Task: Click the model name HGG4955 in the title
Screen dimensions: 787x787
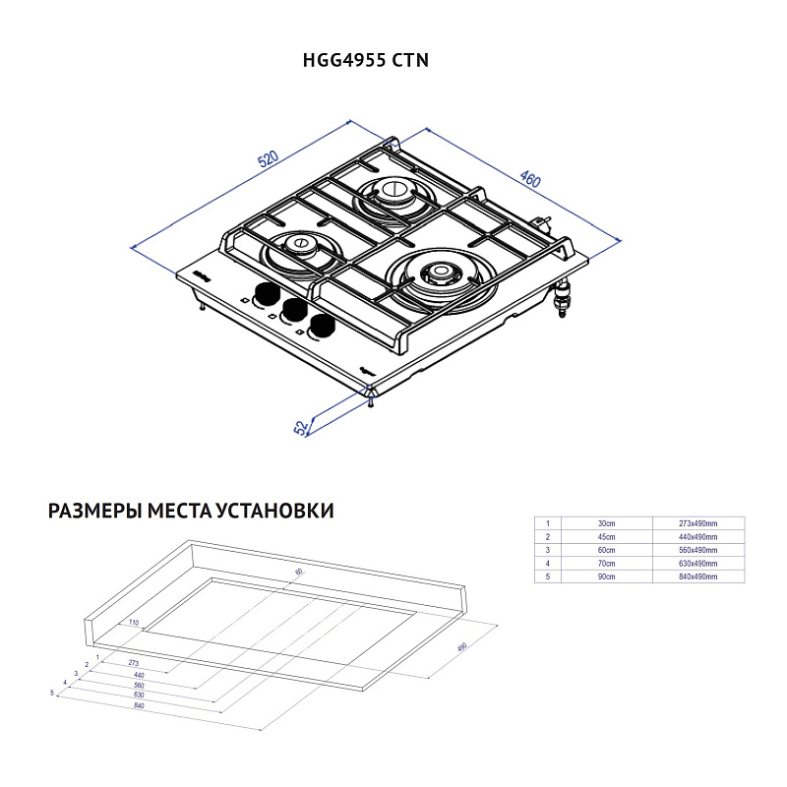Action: coord(343,59)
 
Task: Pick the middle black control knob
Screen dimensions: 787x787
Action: coord(292,310)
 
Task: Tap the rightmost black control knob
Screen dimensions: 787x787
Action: coord(320,328)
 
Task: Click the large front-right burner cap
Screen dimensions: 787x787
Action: coord(439,272)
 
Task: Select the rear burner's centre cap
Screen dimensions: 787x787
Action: coord(392,189)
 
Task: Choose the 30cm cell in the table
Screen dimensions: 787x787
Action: coord(606,524)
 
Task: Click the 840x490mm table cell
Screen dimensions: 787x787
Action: coord(698,575)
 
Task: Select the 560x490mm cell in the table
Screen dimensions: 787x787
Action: coord(698,550)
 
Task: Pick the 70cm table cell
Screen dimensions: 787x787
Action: coord(606,563)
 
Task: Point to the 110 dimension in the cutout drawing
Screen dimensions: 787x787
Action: coord(133,623)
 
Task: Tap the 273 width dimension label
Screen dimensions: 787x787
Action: coord(134,664)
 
